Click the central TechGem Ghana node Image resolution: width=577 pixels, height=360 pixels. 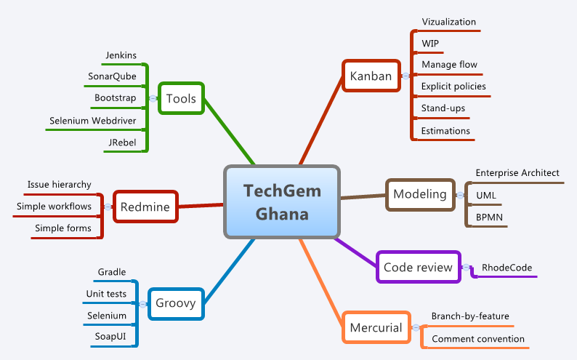click(281, 202)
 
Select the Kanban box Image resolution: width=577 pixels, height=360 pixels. click(371, 76)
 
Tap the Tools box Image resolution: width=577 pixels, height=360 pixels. click(181, 98)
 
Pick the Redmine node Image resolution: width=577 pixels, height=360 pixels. click(145, 207)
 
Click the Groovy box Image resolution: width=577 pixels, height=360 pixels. click(176, 303)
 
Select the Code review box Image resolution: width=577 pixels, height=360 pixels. click(418, 267)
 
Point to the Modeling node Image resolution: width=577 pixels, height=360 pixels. click(419, 194)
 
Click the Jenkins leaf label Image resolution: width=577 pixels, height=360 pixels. click(121, 55)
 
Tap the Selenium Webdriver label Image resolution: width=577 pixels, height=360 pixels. click(93, 120)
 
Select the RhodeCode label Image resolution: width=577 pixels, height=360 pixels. click(507, 268)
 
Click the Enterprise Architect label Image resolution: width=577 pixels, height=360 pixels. click(517, 173)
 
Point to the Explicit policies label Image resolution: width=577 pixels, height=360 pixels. click(453, 87)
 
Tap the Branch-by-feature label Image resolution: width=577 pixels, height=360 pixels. click(469, 316)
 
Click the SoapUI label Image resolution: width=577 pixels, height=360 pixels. click(110, 337)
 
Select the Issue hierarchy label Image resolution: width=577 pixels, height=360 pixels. click(60, 185)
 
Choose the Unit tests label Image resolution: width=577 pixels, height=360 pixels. click(106, 294)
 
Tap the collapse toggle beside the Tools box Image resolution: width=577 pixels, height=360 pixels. click(153, 98)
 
